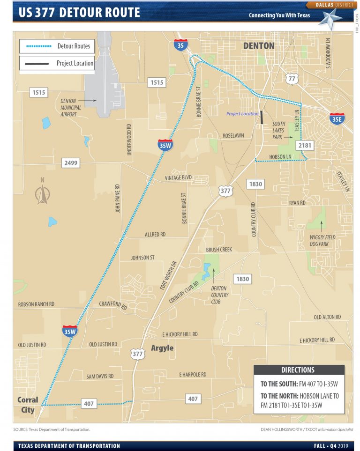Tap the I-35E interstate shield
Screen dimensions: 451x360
[337, 118]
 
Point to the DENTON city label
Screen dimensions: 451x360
[259, 45]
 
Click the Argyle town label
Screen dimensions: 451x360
[162, 348]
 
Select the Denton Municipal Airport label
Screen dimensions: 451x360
[71, 108]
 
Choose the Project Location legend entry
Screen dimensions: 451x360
[57, 63]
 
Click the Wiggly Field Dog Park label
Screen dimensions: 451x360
[322, 241]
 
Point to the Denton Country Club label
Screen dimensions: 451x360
[219, 295]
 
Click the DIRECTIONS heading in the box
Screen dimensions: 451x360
[298, 370]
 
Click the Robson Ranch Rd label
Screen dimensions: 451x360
[36, 304]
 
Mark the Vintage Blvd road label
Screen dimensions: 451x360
[178, 178]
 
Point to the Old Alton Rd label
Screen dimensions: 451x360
[327, 317]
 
